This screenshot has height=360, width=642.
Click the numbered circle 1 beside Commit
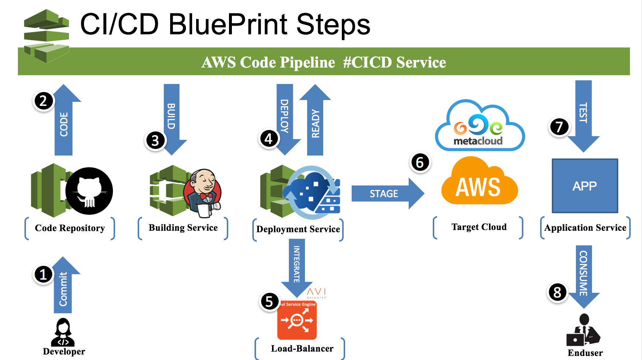pos(43,274)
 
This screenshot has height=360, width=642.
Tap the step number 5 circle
pos(269,302)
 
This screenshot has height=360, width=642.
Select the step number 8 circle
pos(557,292)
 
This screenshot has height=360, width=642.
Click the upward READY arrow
pos(315,120)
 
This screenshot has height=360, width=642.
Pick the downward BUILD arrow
pos(172,120)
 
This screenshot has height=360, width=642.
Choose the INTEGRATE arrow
pos(297,268)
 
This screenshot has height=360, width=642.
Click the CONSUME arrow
pos(584,277)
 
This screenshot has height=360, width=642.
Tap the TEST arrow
pos(584,116)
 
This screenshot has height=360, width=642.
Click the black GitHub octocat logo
pos(89,191)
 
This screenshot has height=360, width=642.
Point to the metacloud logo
pos(480,125)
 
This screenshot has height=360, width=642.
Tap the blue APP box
pos(585,186)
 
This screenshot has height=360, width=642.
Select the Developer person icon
pos(63,332)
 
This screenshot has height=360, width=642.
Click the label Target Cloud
pos(479,227)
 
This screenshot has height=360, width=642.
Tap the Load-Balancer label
pos(302,349)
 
